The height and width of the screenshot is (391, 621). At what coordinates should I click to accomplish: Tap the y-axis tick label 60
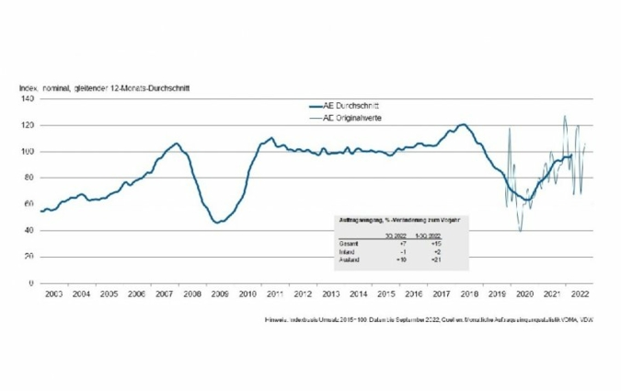(29, 203)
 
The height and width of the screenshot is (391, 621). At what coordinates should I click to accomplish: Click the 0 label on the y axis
(31, 282)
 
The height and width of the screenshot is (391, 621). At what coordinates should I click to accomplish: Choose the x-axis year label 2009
(219, 293)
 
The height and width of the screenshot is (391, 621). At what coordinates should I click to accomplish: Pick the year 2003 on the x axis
(52, 293)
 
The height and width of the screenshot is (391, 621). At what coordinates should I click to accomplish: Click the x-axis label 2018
(469, 293)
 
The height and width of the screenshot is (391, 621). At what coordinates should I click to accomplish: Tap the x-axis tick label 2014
(358, 293)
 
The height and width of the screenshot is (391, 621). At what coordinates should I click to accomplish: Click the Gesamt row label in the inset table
(345, 242)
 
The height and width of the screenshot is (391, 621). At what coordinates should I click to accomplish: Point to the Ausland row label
(346, 260)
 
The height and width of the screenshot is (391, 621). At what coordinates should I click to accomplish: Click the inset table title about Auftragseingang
(397, 221)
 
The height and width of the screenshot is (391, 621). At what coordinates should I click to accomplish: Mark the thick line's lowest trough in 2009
(218, 223)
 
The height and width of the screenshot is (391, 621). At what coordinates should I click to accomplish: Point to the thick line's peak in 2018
(464, 124)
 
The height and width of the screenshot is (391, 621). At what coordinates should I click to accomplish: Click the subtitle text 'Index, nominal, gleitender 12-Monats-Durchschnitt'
(106, 87)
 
